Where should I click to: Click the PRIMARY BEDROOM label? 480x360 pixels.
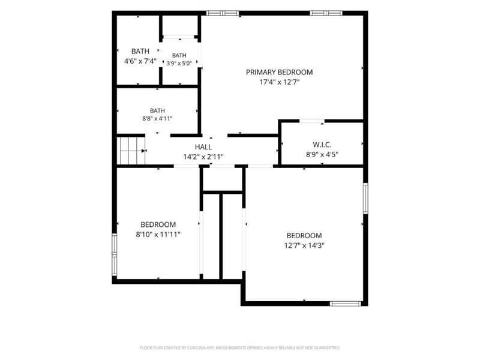(x=279, y=72)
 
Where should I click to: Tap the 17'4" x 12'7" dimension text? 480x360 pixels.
(x=279, y=82)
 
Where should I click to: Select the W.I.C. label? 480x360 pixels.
(x=322, y=145)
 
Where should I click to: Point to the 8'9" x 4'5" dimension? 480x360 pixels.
(x=322, y=154)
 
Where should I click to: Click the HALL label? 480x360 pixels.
(x=203, y=147)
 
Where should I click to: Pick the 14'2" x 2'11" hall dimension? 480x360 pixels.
(x=203, y=157)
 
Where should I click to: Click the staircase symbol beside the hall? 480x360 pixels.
(x=131, y=151)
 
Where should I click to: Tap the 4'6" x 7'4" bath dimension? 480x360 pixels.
(x=140, y=61)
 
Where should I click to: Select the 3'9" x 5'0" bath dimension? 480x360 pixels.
(x=179, y=64)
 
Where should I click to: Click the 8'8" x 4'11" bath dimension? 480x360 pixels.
(x=157, y=118)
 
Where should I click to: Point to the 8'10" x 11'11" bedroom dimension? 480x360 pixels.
(x=158, y=235)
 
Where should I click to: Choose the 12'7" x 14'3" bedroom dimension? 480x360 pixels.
(x=304, y=245)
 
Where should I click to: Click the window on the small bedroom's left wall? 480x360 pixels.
(x=114, y=254)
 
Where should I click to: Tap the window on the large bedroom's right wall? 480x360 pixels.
(x=365, y=199)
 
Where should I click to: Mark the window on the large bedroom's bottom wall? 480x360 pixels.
(x=346, y=304)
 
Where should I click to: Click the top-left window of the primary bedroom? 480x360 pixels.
(x=223, y=13)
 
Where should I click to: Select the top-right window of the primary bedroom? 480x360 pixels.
(x=326, y=13)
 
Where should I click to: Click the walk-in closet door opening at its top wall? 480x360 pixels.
(x=311, y=121)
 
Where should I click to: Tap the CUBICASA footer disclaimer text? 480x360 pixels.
(x=239, y=348)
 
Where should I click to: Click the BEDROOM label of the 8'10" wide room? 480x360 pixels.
(x=158, y=224)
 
